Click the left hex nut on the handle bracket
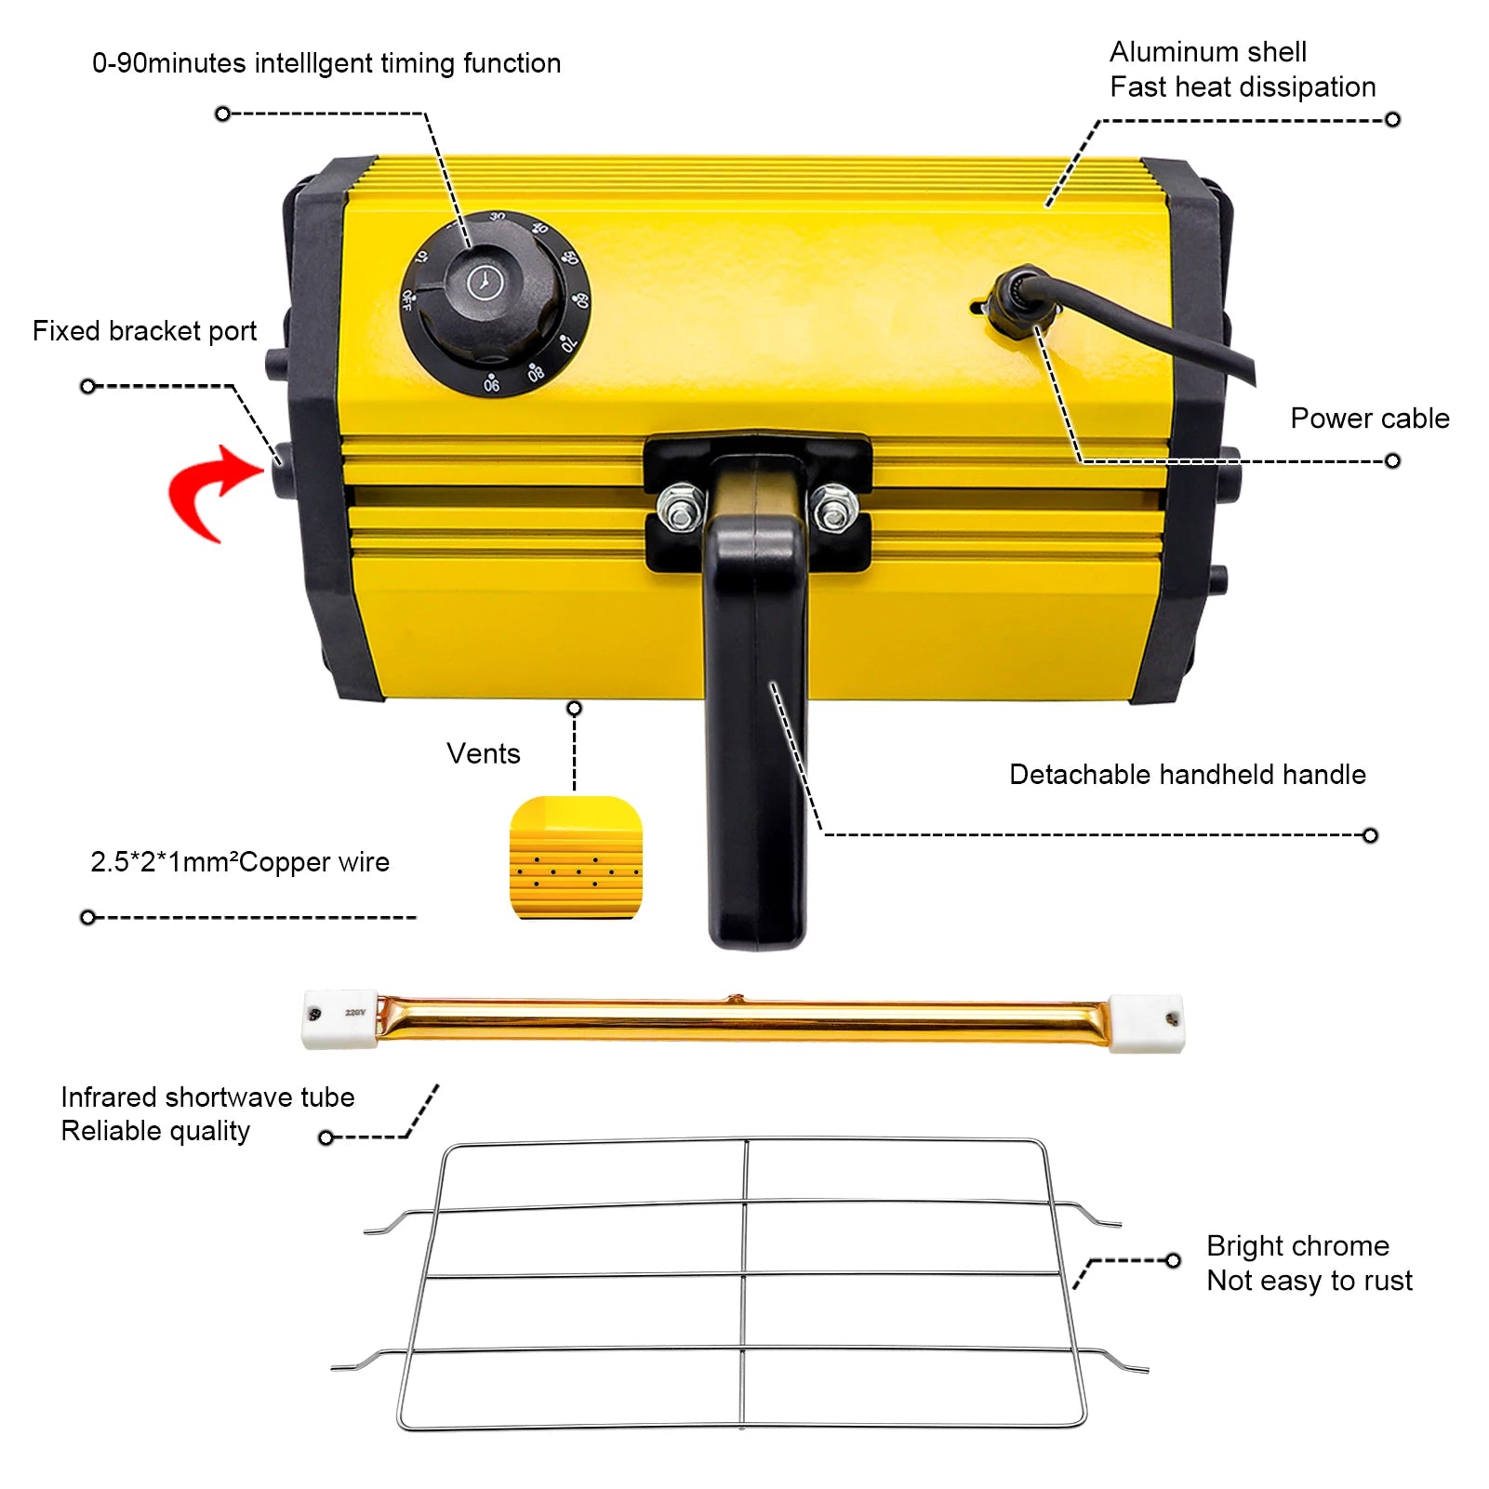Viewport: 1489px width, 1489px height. tap(681, 508)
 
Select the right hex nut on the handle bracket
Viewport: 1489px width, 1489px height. tap(834, 508)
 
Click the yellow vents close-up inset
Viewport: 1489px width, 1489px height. tap(576, 858)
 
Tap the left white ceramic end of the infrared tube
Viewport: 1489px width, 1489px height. tap(340, 1019)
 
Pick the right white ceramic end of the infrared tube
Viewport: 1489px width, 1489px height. tap(1147, 1023)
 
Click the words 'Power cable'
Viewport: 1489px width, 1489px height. tap(1369, 419)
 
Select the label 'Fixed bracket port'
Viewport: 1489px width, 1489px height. tap(144, 331)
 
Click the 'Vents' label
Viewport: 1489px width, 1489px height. tap(483, 753)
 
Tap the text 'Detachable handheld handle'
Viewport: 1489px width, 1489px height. tap(1188, 775)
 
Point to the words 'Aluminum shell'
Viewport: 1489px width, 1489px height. tap(1208, 52)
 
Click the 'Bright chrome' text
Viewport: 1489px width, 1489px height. tap(1297, 1246)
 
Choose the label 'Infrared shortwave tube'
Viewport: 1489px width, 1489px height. tap(207, 1097)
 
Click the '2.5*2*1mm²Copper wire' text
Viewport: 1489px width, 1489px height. tap(240, 862)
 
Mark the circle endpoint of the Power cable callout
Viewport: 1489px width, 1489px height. tap(1392, 461)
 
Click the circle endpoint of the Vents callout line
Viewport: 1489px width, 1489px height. tap(575, 709)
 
